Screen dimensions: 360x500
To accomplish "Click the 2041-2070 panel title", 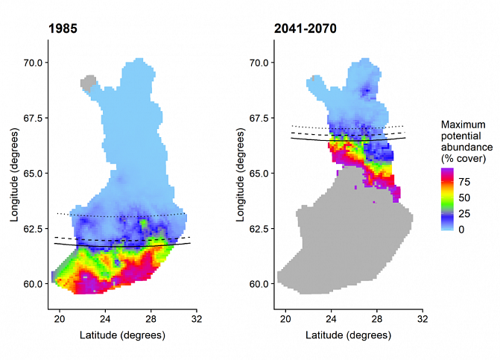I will (306, 30).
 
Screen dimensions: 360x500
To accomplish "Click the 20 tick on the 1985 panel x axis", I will (60, 319).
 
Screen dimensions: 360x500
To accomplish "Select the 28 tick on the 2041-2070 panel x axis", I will (377, 319).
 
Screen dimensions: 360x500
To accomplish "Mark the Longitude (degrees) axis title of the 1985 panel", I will (14, 172).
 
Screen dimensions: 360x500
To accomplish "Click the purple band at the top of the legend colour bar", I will (448, 172).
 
